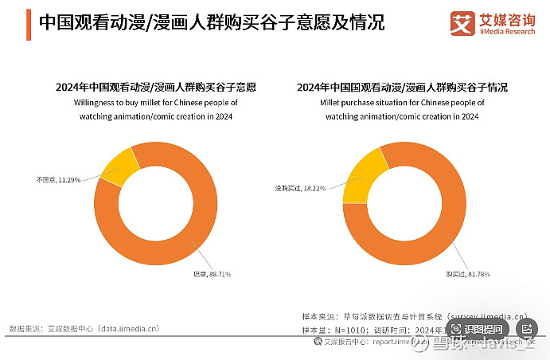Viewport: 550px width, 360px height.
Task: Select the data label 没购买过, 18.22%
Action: point(299,189)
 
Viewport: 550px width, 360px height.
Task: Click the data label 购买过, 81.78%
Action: point(467,275)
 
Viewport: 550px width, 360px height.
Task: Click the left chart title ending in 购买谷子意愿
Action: point(160,88)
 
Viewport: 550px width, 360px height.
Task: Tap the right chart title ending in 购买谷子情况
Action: point(401,88)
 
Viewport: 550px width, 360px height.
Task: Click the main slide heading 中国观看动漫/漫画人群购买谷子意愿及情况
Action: point(211,22)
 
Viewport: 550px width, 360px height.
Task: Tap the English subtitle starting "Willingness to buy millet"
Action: point(160,110)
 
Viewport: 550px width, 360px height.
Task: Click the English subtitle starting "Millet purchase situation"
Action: point(401,110)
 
